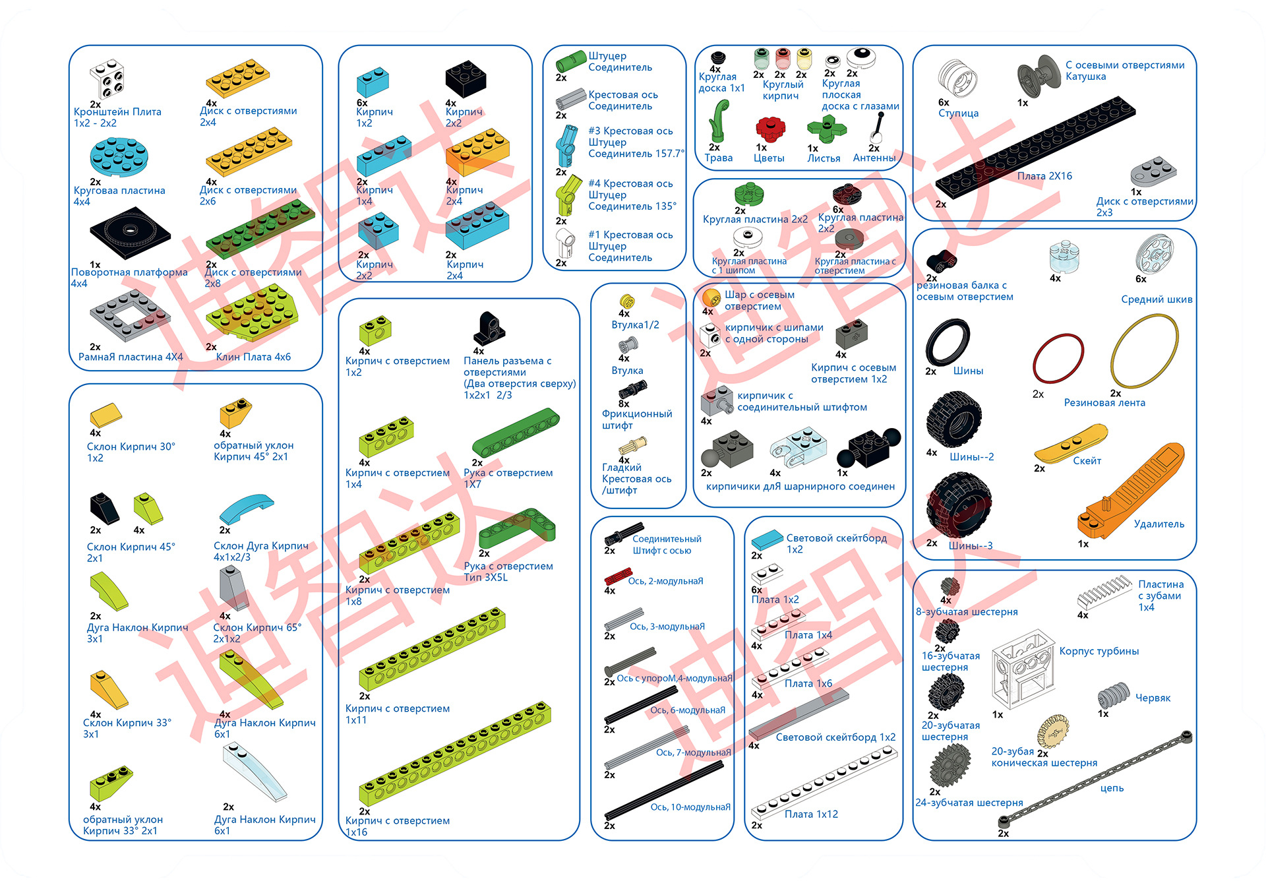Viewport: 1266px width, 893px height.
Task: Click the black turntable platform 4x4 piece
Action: coord(130,233)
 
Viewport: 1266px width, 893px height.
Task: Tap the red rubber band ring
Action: coord(1058,358)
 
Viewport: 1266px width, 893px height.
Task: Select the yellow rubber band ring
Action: coord(1145,351)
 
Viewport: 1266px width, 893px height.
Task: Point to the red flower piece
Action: coord(769,129)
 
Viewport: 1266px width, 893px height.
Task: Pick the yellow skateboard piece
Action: coord(1070,443)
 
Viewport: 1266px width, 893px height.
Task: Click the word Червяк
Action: coord(1153,698)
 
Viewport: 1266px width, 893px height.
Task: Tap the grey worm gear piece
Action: coord(1114,695)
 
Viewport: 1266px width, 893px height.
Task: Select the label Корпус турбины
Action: coord(1099,651)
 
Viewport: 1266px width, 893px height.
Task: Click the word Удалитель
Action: coord(1159,524)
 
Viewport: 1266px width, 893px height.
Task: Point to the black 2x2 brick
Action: coord(466,78)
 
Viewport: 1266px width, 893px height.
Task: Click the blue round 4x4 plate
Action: coord(119,157)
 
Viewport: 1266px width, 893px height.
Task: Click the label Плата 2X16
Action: coord(1044,176)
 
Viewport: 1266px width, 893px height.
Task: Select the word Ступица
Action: coord(958,113)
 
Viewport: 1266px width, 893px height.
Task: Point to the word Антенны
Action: coord(874,158)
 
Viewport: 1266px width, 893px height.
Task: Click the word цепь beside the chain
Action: coord(1112,788)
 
